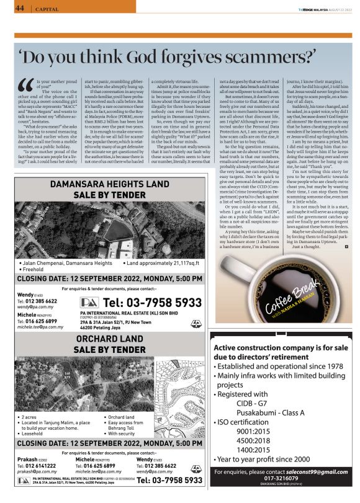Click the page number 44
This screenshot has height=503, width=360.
19,8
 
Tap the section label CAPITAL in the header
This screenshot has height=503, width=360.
48,9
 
